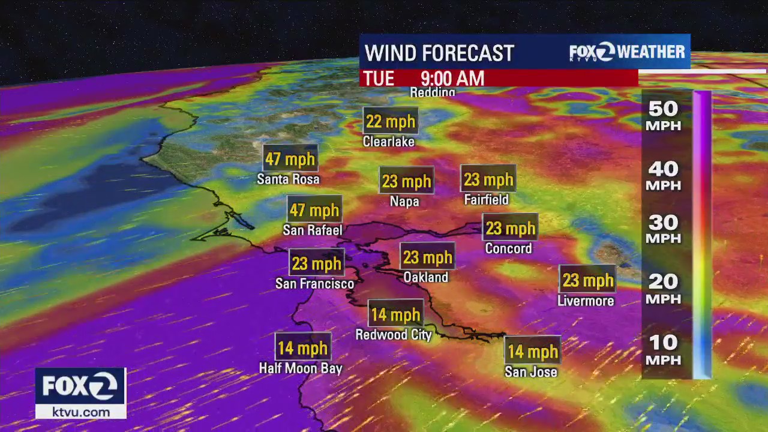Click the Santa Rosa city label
(x=288, y=179)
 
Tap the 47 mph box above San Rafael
(x=314, y=211)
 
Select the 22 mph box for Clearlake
(x=391, y=122)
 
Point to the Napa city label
(x=404, y=202)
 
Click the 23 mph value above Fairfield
(x=488, y=179)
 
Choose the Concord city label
(x=508, y=248)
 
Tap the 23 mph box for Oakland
(x=427, y=257)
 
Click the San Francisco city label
(x=314, y=283)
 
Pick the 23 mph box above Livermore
(x=588, y=280)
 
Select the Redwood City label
(x=394, y=335)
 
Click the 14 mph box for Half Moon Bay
(x=303, y=348)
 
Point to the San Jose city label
(x=531, y=372)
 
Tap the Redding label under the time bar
(x=433, y=92)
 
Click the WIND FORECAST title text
(x=439, y=53)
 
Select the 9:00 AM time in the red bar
(x=452, y=79)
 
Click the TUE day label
(x=379, y=79)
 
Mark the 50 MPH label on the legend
(x=663, y=116)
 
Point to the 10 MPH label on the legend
(x=663, y=350)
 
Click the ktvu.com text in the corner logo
(x=80, y=412)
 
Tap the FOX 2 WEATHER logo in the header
(x=627, y=52)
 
